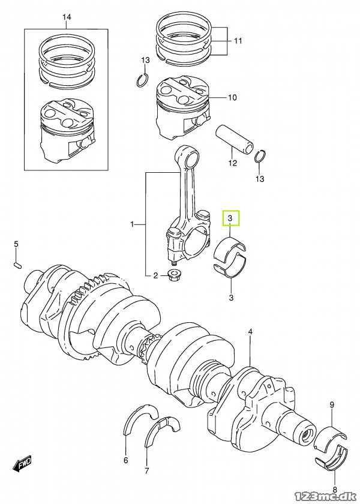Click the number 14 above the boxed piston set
(x=67, y=17)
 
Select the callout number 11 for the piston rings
(x=238, y=41)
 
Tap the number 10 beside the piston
(x=232, y=97)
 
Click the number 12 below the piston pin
(x=233, y=163)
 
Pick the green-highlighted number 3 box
(x=231, y=218)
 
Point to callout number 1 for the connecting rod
(x=133, y=224)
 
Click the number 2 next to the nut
(x=155, y=276)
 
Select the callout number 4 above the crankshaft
(x=250, y=331)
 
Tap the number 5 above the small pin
(x=17, y=244)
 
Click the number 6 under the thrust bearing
(x=125, y=460)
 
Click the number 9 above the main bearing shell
(x=331, y=406)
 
